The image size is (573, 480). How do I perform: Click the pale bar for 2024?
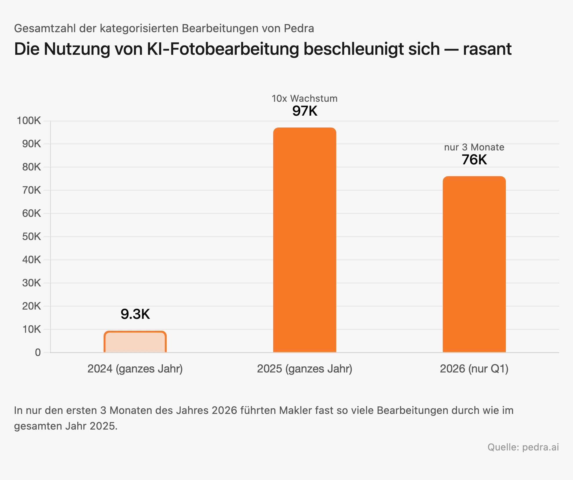(135, 342)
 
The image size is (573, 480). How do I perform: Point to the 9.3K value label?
(135, 314)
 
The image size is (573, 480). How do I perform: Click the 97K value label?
(305, 111)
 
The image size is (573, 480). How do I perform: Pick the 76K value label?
(474, 160)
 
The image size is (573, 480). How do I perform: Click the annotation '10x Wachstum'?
(305, 99)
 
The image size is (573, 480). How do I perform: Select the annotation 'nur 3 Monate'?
(474, 147)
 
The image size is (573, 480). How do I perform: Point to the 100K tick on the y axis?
(29, 121)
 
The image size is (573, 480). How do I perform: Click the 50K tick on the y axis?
(32, 237)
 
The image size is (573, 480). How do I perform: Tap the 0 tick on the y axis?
(38, 352)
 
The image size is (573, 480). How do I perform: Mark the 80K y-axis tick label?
(32, 167)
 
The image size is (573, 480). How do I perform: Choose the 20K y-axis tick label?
(32, 306)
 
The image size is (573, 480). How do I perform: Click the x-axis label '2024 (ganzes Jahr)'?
(135, 369)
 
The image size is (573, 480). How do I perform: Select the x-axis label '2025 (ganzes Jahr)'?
(305, 369)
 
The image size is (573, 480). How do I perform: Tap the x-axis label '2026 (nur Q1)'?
(474, 369)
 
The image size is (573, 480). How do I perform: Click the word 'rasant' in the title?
(487, 49)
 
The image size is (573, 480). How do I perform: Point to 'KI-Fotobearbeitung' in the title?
(223, 49)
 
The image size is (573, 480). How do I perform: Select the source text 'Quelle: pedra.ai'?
(523, 447)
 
